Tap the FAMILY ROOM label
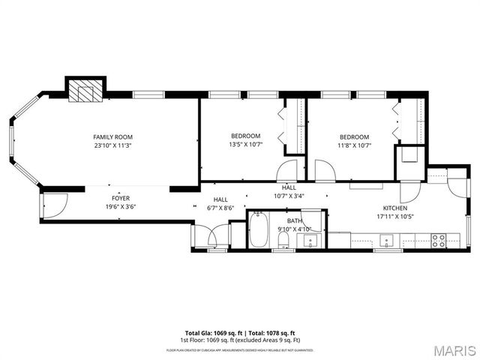pyautogui.click(x=112, y=136)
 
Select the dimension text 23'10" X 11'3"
pyautogui.click(x=112, y=146)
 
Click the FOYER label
pyautogui.click(x=121, y=198)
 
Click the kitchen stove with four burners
pyautogui.click(x=438, y=241)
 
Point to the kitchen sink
pyautogui.click(x=387, y=241)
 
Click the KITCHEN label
pyautogui.click(x=394, y=208)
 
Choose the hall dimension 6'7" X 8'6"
pyautogui.click(x=220, y=208)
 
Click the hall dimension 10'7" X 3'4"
pyautogui.click(x=289, y=196)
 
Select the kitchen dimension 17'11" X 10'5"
pyautogui.click(x=394, y=217)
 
